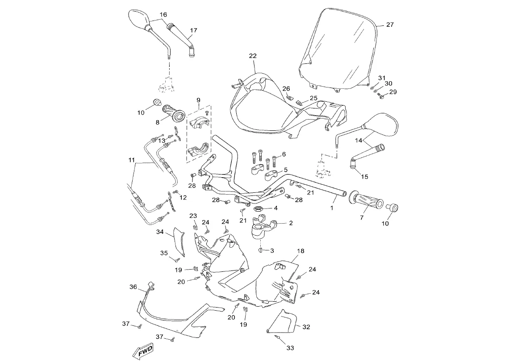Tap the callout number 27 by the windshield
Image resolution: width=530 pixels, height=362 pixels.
[390, 25]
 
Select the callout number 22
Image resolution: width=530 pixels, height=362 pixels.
[253, 56]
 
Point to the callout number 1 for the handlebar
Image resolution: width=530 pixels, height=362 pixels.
[332, 208]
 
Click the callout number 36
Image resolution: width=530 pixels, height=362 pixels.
[133, 287]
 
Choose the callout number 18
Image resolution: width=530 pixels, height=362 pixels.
[300, 251]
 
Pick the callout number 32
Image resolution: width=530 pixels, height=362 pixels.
[306, 327]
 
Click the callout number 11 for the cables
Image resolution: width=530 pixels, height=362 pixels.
[131, 160]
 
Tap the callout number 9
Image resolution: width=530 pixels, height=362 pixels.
[198, 100]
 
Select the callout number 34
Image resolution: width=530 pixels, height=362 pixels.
[160, 232]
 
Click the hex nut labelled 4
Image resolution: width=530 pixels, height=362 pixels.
[258, 208]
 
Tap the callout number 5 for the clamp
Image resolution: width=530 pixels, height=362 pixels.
[286, 170]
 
